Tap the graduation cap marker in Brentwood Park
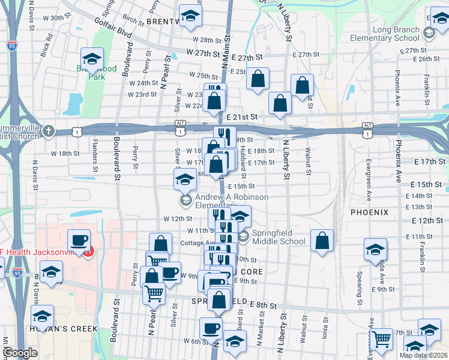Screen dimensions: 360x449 point(92,59)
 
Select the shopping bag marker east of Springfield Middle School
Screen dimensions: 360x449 point(322,241)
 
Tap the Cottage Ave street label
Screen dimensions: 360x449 point(195,244)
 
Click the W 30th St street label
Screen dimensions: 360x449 point(65,18)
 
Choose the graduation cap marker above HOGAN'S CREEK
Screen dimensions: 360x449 point(42,316)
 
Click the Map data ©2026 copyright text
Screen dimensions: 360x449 point(423,355)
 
